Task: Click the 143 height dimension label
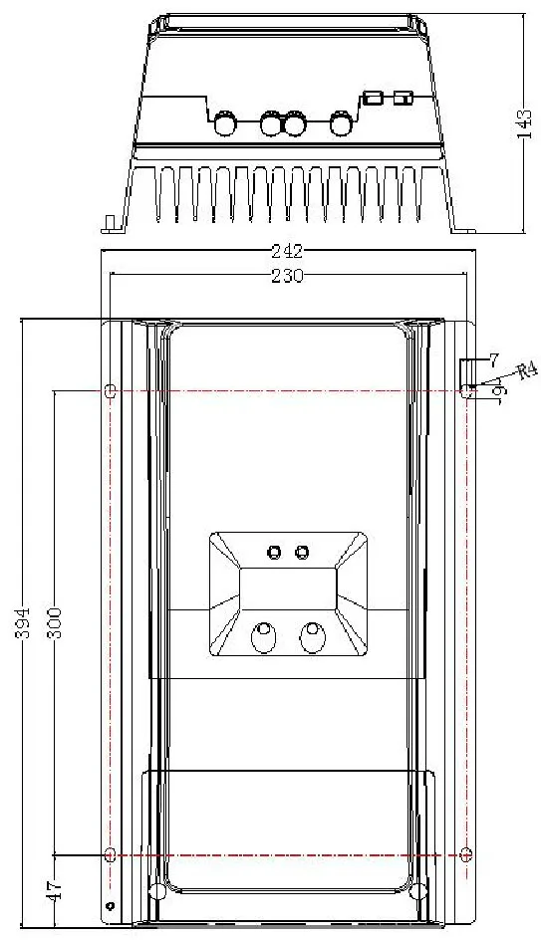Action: (524, 123)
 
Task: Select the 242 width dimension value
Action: (288, 251)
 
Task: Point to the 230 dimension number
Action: (288, 276)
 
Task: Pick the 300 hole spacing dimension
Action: (54, 623)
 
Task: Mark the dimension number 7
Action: (493, 360)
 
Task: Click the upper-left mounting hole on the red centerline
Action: (111, 391)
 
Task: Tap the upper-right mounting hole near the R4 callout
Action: (466, 391)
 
